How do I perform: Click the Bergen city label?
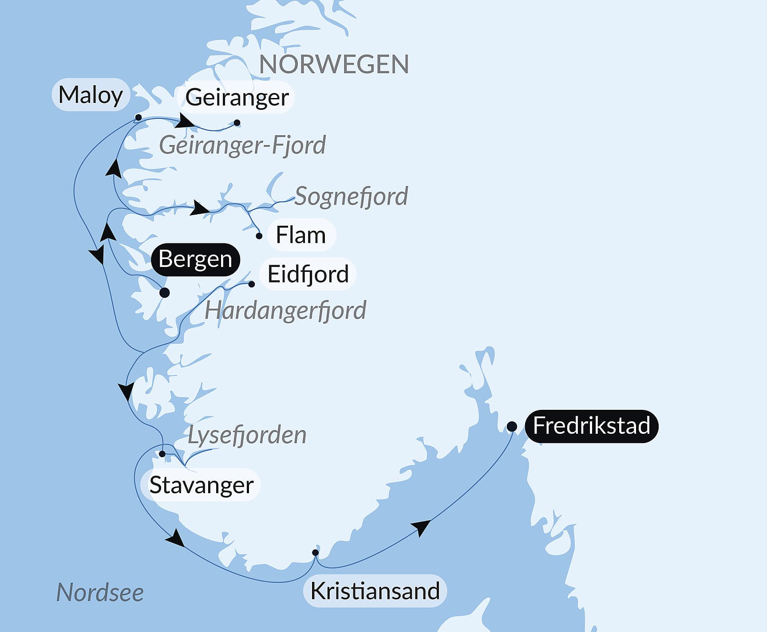click(195, 259)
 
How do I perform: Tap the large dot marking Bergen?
click(164, 293)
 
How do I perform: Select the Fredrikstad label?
click(591, 426)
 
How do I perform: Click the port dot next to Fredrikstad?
click(512, 427)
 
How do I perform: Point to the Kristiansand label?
click(375, 591)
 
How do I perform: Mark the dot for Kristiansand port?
click(315, 553)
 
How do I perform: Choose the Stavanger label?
click(201, 485)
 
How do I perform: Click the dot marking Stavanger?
click(162, 454)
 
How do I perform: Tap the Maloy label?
click(91, 95)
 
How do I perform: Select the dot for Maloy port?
click(138, 118)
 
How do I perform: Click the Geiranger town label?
click(237, 98)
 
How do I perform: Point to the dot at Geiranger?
click(237, 123)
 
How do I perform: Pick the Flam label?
click(300, 235)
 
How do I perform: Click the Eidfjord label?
click(308, 274)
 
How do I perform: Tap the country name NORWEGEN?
click(334, 65)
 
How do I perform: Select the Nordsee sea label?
click(100, 593)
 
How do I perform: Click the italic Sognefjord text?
click(351, 196)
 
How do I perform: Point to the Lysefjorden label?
click(247, 435)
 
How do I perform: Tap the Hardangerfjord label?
click(285, 310)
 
